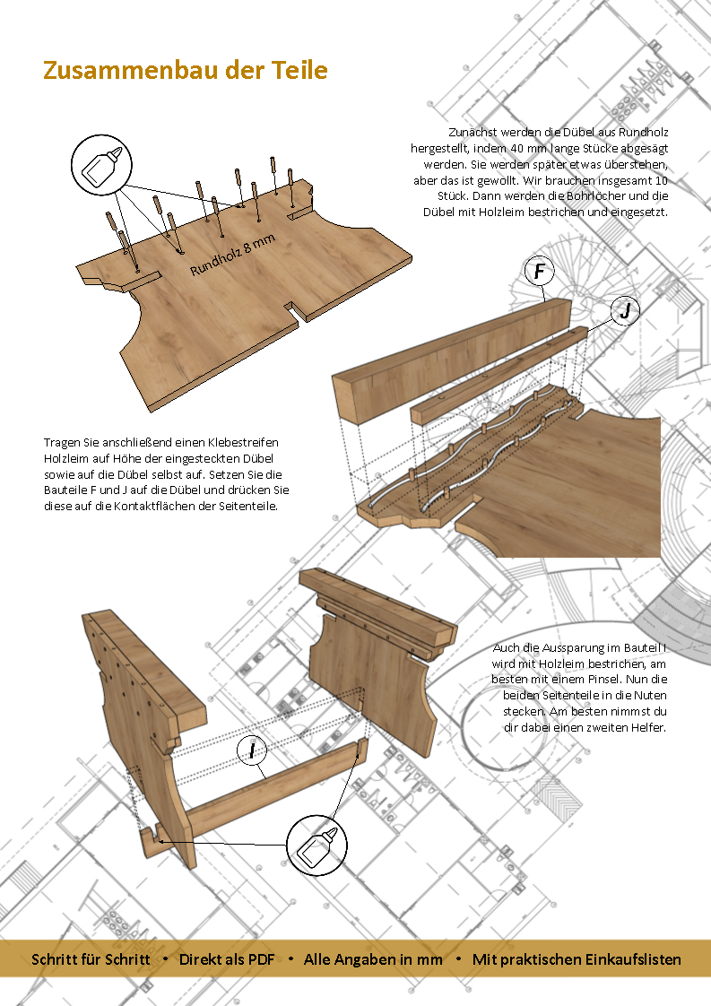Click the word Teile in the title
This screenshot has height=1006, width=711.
(300, 70)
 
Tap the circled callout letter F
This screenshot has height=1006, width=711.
(538, 271)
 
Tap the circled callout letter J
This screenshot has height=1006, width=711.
(625, 311)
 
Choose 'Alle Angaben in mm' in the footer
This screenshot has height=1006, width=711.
(373, 959)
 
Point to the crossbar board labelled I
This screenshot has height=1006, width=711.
(269, 792)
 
